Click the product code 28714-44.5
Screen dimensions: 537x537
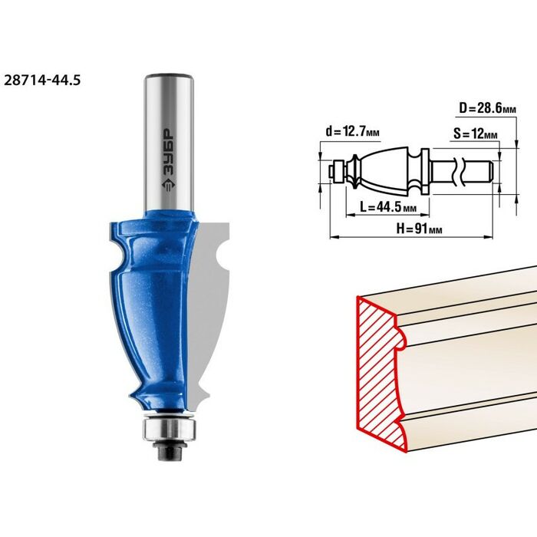[42, 80]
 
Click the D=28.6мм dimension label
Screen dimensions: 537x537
[487, 108]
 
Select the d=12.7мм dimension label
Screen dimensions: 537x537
[352, 131]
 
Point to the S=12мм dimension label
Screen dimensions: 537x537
[476, 133]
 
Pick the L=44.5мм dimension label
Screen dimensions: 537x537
[388, 206]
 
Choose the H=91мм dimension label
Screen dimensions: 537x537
[419, 228]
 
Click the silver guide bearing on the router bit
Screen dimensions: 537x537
[170, 428]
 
